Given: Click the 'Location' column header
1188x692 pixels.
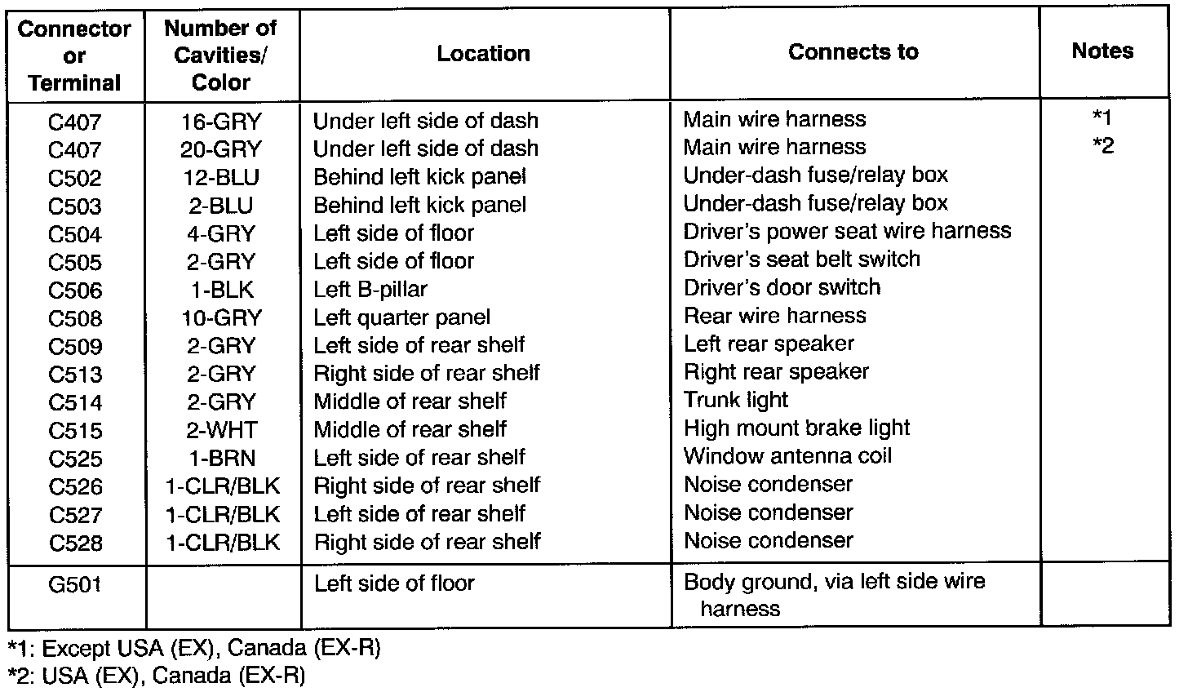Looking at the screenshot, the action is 483,54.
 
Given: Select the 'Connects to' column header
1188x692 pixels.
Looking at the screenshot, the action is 853,52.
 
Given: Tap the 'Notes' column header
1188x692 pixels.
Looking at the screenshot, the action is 1102,51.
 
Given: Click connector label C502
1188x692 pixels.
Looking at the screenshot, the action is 75,179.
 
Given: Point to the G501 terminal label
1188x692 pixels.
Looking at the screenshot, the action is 75,584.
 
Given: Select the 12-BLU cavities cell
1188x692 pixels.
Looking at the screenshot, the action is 220,177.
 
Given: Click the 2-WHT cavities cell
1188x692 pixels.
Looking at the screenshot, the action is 220,430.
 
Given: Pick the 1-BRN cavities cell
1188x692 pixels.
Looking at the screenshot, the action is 220,459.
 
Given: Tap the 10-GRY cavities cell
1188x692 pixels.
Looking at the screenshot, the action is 220,317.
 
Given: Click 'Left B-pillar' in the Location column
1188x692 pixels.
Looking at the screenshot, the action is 370,290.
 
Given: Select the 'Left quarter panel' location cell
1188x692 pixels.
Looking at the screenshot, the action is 402,317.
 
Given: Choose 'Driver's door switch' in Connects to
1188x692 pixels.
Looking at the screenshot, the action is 782,287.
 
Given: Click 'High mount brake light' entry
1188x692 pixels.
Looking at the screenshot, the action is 796,428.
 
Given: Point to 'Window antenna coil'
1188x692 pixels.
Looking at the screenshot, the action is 787,456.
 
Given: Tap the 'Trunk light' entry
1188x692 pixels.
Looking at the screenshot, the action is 736,400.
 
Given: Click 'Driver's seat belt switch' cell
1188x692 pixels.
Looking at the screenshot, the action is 801,259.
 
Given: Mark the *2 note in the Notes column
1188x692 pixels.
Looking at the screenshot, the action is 1102,147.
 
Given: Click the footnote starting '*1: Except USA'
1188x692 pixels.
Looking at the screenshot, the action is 194,650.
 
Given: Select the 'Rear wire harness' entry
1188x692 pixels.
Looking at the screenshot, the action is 774,316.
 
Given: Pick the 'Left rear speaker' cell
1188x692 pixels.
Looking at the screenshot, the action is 769,344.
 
